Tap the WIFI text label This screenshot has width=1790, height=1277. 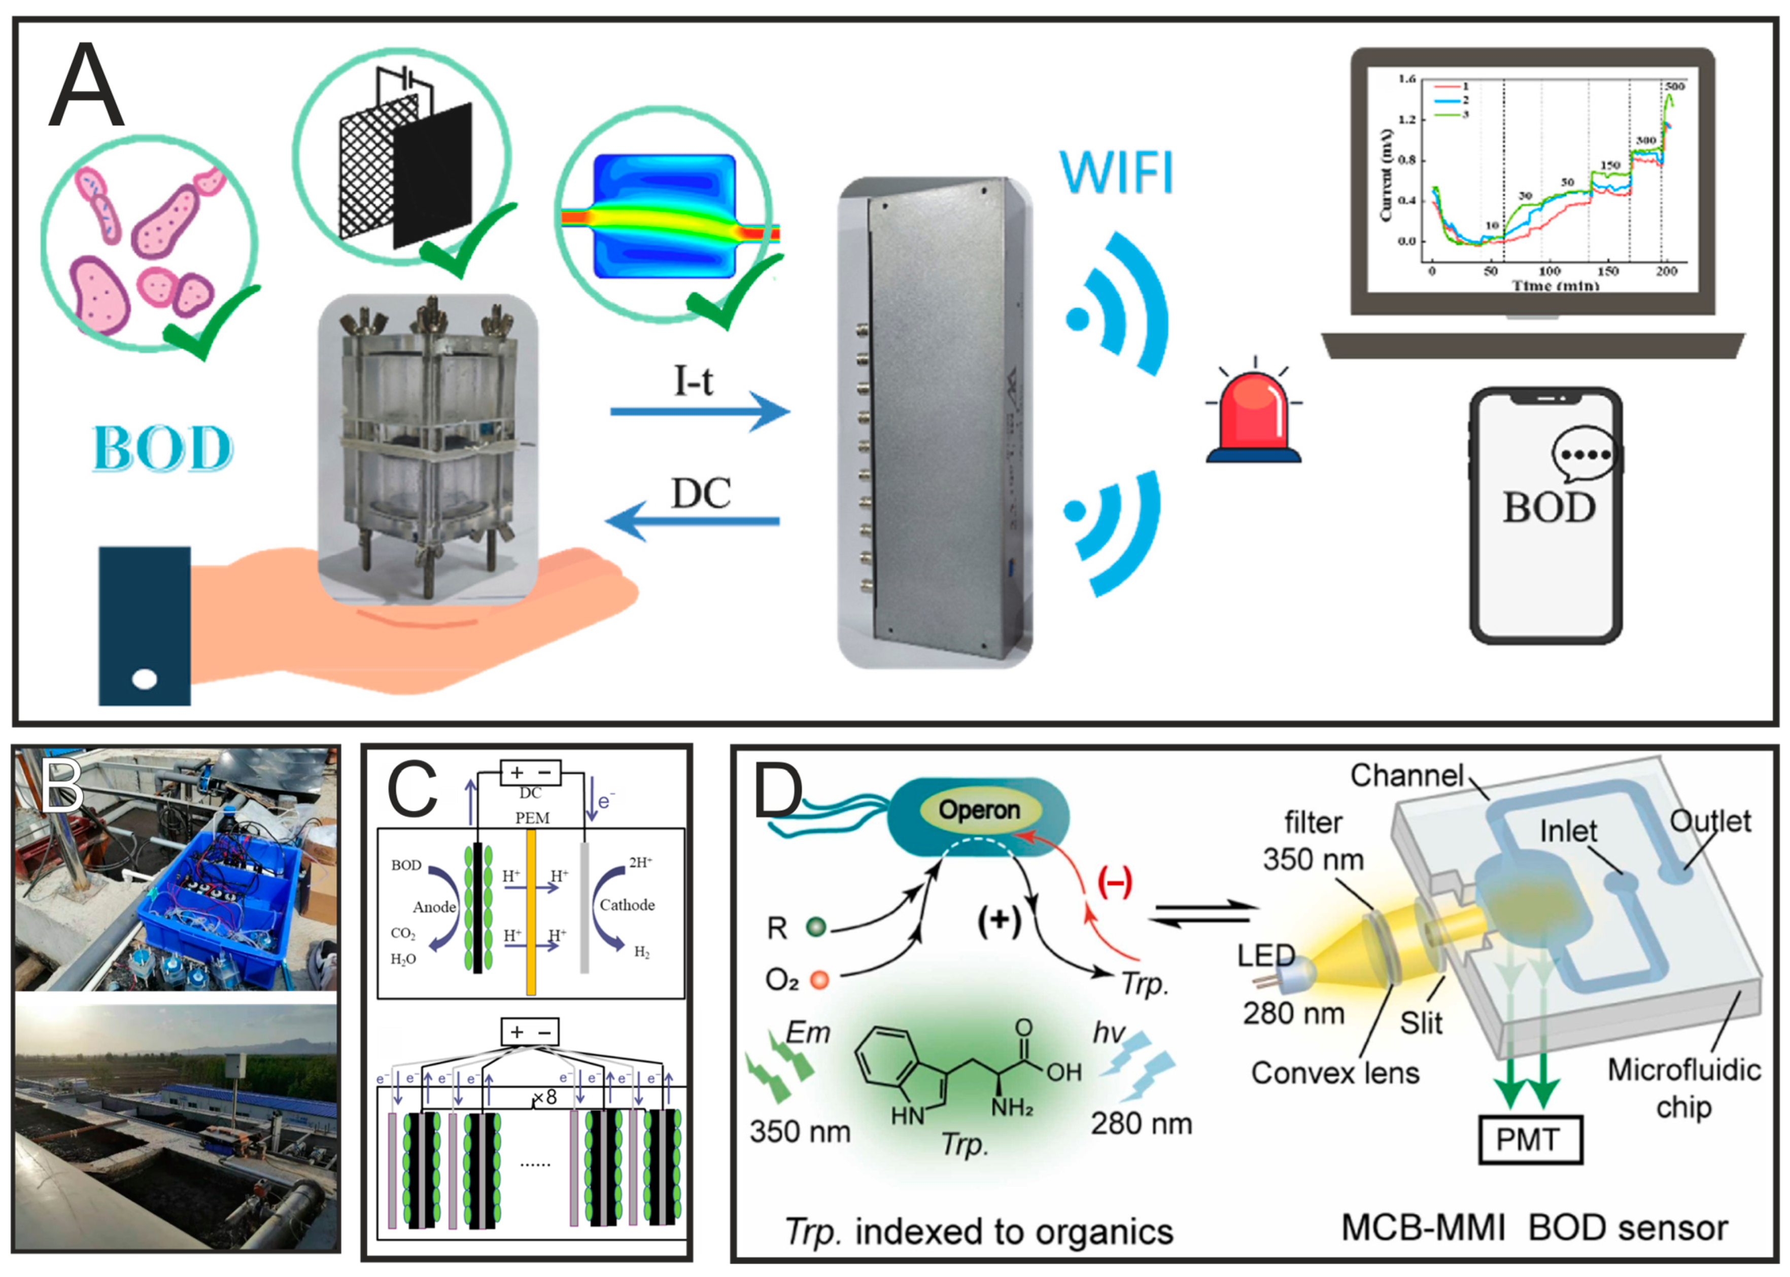coord(1116,172)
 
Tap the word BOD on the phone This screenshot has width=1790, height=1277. coord(1548,508)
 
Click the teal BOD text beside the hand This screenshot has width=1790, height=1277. coord(163,449)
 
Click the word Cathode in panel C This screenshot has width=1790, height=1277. coord(627,905)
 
